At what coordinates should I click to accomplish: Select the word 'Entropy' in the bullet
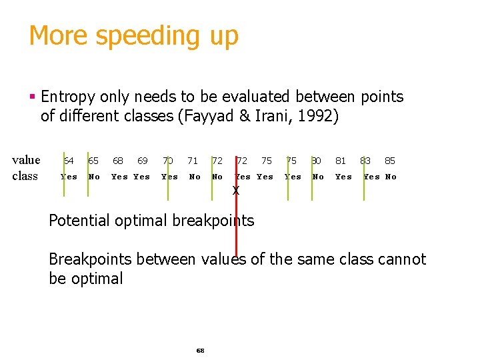click(x=67, y=97)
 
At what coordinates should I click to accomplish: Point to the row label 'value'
click(x=27, y=160)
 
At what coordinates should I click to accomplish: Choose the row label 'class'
click(x=25, y=177)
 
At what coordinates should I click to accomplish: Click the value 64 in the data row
click(x=69, y=161)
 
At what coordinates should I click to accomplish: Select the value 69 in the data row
click(x=143, y=161)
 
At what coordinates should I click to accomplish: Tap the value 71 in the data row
click(x=193, y=161)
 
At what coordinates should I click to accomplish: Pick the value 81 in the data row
click(x=341, y=161)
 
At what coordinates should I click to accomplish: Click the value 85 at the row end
click(x=390, y=161)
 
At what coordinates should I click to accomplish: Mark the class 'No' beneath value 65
click(x=94, y=177)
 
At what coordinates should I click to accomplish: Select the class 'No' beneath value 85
click(x=391, y=177)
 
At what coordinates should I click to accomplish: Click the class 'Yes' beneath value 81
click(x=343, y=177)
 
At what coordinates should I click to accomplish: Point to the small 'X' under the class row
click(x=235, y=191)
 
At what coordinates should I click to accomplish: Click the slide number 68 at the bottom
click(x=200, y=350)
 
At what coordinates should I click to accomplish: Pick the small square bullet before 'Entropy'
click(x=33, y=97)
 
